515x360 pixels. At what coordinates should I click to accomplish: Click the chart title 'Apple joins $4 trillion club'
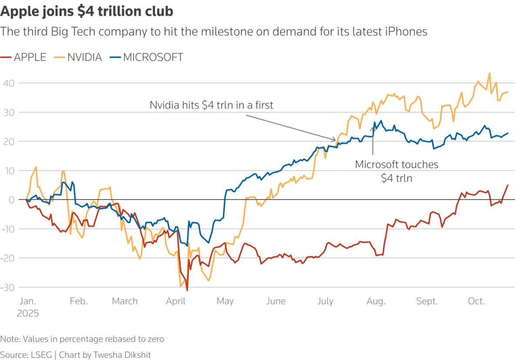87,11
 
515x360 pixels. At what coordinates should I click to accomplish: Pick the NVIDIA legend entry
78,57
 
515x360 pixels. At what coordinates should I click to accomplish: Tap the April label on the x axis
176,301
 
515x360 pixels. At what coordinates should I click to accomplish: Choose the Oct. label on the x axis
476,301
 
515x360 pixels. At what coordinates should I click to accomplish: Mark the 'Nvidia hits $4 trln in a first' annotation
211,105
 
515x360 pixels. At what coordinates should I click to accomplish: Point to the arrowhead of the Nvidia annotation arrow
336,140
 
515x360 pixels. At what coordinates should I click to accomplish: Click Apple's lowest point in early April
187,290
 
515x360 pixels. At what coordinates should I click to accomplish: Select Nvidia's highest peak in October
489,73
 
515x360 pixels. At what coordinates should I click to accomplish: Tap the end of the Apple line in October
508,185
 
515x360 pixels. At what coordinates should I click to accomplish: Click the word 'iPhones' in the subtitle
407,31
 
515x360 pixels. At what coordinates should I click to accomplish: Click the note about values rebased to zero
82,339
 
